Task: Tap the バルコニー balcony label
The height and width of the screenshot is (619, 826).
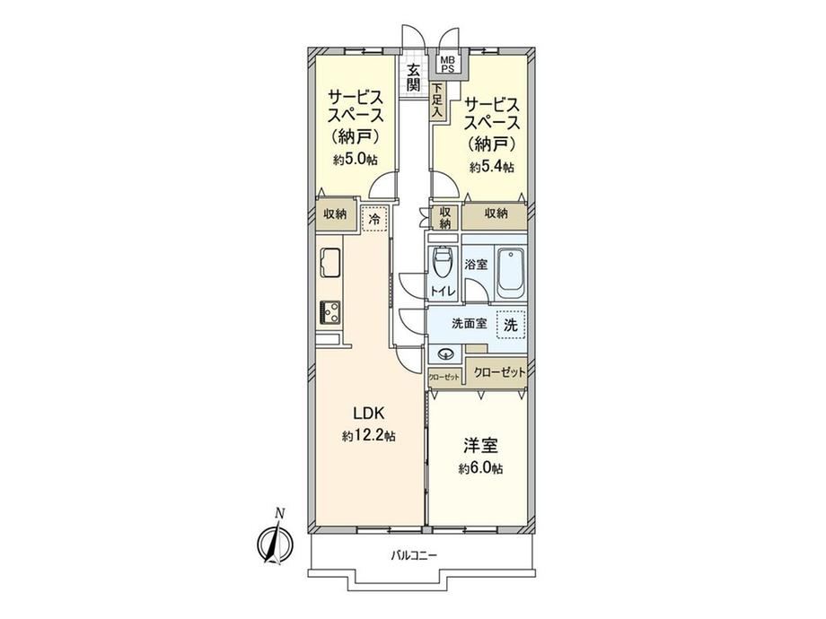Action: (414, 554)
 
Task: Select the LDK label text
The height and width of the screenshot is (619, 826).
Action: (369, 414)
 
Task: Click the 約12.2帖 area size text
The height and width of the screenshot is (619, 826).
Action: (369, 436)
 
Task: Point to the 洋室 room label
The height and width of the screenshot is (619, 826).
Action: (480, 447)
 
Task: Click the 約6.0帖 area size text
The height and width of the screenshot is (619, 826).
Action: (480, 468)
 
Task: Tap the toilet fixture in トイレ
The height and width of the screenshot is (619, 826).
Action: (441, 263)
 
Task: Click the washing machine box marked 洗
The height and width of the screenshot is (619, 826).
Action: (511, 324)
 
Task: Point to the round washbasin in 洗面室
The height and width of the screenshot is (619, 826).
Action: (445, 353)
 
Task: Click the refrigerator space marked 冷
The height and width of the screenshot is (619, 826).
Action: (374, 219)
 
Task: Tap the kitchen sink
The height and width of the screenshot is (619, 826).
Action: (330, 263)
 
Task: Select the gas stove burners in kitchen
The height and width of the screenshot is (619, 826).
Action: (330, 313)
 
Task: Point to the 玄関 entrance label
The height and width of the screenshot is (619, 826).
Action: (414, 77)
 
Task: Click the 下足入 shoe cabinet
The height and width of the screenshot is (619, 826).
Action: (436, 100)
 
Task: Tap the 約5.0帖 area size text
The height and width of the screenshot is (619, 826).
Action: (355, 159)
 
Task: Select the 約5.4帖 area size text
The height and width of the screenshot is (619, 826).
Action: (492, 168)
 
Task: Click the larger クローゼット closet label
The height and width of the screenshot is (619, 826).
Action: (499, 372)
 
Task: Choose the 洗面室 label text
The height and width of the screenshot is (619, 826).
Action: (470, 323)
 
